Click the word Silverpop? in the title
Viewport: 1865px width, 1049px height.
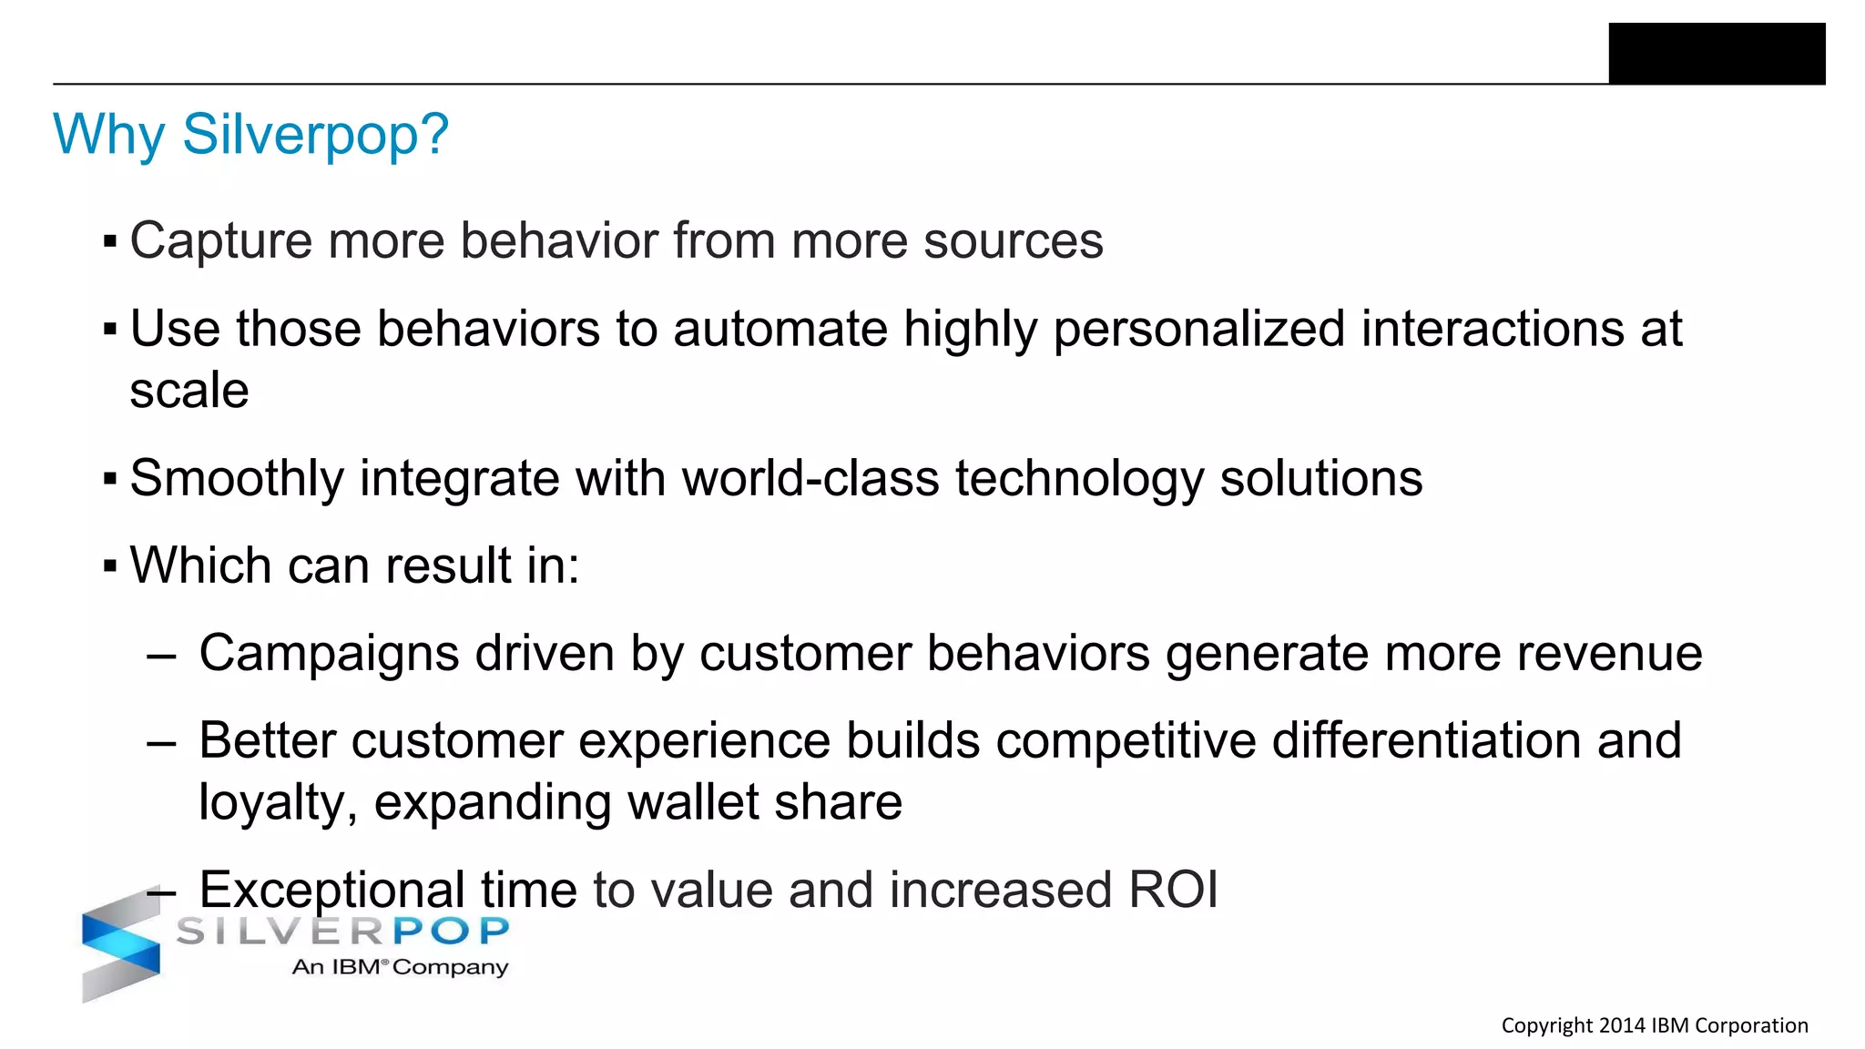(x=315, y=135)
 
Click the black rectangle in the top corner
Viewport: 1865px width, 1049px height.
(x=1717, y=54)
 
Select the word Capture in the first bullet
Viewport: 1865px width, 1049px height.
(x=220, y=241)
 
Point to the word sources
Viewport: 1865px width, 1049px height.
(x=1013, y=241)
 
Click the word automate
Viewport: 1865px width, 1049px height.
(x=780, y=329)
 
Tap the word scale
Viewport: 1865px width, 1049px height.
(x=189, y=391)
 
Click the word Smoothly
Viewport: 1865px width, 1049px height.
(x=237, y=478)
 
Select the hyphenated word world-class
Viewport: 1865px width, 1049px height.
(x=810, y=478)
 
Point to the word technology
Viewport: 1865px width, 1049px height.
(x=1079, y=478)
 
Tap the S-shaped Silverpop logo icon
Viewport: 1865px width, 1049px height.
(x=120, y=947)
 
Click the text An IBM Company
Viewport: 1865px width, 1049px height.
(x=400, y=967)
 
